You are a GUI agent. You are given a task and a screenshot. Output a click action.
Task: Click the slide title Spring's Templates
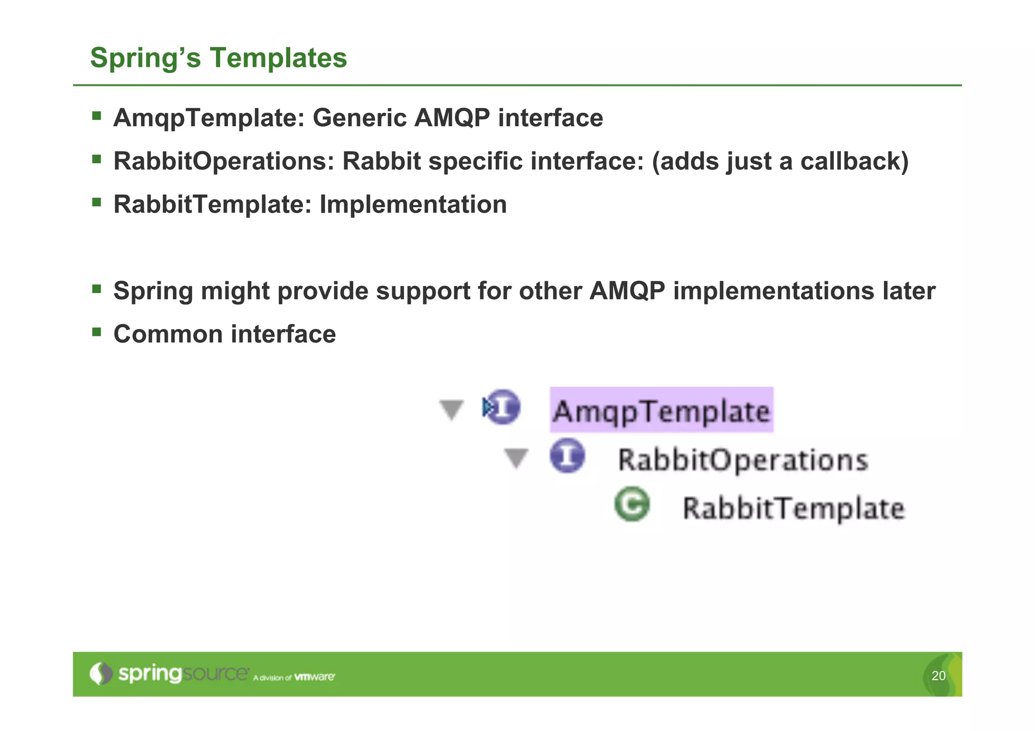pyautogui.click(x=218, y=58)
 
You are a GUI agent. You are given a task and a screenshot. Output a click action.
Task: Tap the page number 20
pyautogui.click(x=938, y=675)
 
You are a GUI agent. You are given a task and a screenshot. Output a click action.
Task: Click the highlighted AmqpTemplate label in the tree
pyautogui.click(x=661, y=410)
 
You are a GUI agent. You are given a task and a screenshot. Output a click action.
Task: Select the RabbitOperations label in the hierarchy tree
pyautogui.click(x=743, y=460)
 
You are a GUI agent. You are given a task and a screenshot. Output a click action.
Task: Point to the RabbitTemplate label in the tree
pyautogui.click(x=793, y=508)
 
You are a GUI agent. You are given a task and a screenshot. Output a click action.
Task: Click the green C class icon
pyautogui.click(x=632, y=504)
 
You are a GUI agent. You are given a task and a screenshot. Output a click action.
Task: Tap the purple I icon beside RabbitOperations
pyautogui.click(x=567, y=456)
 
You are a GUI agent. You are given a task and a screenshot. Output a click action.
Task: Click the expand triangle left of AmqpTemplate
pyautogui.click(x=451, y=409)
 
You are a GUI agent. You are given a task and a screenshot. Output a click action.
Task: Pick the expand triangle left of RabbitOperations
pyautogui.click(x=516, y=458)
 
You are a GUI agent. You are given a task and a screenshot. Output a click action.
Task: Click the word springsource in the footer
pyautogui.click(x=183, y=674)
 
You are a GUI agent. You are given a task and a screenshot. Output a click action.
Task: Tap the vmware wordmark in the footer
pyautogui.click(x=314, y=676)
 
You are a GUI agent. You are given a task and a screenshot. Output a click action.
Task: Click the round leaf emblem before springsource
pyautogui.click(x=101, y=673)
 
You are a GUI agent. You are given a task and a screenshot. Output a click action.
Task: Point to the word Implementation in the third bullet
pyautogui.click(x=413, y=205)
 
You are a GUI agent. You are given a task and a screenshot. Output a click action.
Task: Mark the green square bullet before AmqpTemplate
pyautogui.click(x=97, y=116)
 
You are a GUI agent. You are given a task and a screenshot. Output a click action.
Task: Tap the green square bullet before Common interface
pyautogui.click(x=97, y=332)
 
